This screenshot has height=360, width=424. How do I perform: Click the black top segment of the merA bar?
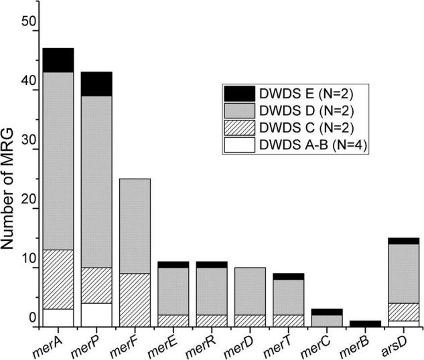click(x=58, y=60)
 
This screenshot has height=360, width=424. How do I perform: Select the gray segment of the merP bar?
click(x=96, y=181)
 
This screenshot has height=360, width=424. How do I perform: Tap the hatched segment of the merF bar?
click(x=135, y=300)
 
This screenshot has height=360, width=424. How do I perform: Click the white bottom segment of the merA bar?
click(x=58, y=318)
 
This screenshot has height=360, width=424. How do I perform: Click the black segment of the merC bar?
click(x=327, y=312)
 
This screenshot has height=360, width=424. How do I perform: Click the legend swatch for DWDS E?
click(x=239, y=93)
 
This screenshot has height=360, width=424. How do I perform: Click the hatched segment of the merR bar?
click(x=212, y=321)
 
